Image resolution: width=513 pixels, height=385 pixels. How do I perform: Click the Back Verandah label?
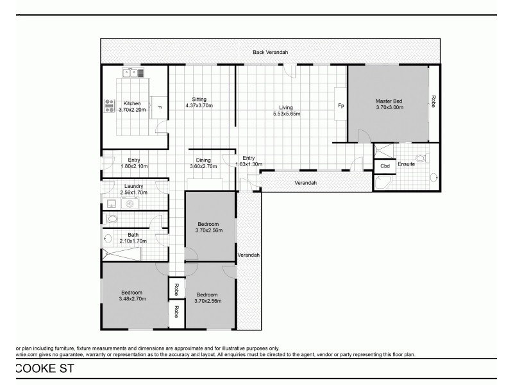270,52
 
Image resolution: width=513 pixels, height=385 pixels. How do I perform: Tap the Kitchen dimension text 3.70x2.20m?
132,110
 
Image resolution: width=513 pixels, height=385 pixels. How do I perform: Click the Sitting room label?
199,99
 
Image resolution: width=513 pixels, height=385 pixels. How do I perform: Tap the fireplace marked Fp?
341,106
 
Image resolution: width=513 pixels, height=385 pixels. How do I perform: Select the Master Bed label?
389,101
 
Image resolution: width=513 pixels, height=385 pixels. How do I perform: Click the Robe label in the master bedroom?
434,101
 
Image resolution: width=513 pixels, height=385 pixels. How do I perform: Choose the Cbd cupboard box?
385,166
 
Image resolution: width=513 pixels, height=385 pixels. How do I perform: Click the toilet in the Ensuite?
421,157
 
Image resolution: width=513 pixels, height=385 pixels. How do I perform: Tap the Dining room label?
203,160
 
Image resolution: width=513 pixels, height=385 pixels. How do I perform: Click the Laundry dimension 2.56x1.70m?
133,192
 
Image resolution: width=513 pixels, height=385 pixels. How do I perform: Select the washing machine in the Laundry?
131,204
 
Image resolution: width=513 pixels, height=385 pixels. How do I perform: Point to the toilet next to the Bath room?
112,219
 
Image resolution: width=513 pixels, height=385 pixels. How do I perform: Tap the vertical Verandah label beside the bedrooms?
248,255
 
